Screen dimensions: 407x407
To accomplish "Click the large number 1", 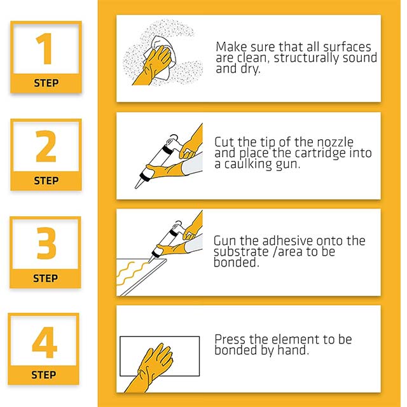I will pyautogui.click(x=44, y=49).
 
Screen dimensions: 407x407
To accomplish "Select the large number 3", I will pyautogui.click(x=45, y=244).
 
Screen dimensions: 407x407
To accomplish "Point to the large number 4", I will pyautogui.click(x=45, y=341).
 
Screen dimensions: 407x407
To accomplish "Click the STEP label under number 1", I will pyautogui.click(x=45, y=83).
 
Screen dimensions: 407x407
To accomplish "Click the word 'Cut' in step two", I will pyautogui.click(x=225, y=142).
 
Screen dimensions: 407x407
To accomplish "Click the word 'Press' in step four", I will pyautogui.click(x=230, y=339).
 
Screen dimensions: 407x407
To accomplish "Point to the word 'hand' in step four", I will pyautogui.click(x=294, y=350).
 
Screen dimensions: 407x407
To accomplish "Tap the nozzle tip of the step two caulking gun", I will pyautogui.click(x=137, y=186).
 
